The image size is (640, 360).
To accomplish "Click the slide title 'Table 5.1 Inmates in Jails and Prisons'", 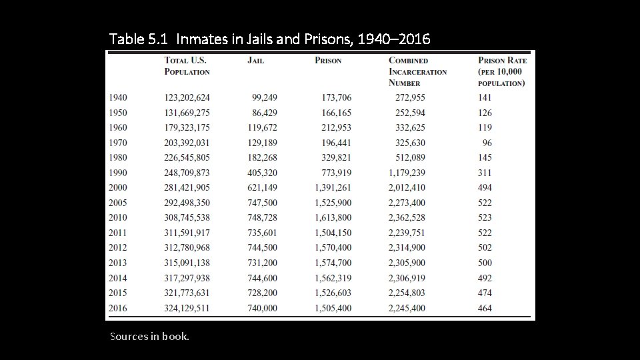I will pos(270,39).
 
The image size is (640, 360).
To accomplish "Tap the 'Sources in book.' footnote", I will pos(149,336).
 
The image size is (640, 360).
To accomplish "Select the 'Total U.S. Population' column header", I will pos(187,66).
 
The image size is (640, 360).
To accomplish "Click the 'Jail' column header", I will pos(255,61).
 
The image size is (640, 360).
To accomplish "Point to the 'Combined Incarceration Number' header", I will pos(417,71).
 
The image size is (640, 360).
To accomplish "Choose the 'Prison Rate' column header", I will pos(502,71).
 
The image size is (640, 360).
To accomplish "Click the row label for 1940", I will pos(117,97).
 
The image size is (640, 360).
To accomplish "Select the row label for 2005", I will pos(117,203).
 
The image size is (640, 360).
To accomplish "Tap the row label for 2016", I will pos(117,308).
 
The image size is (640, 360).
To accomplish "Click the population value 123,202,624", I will pos(187,97).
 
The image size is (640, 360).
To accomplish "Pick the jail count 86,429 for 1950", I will pos(265,113).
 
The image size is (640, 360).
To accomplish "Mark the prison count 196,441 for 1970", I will pos(336,143).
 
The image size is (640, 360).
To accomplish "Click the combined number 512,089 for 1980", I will pos(410,157).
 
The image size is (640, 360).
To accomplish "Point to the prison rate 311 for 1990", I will pos(485,173).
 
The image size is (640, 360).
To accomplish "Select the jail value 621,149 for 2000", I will pos(262,187).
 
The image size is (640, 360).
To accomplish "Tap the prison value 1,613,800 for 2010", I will pos(333,217).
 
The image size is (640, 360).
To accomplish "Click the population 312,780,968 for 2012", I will pos(187,247).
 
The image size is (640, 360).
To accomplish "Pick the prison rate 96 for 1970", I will pos(487,143).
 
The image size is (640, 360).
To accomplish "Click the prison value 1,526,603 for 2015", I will pos(333,293).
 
